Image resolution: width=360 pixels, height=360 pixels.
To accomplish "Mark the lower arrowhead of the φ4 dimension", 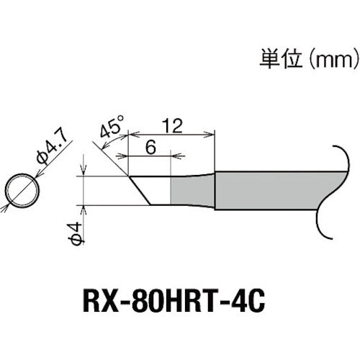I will click(84, 208).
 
